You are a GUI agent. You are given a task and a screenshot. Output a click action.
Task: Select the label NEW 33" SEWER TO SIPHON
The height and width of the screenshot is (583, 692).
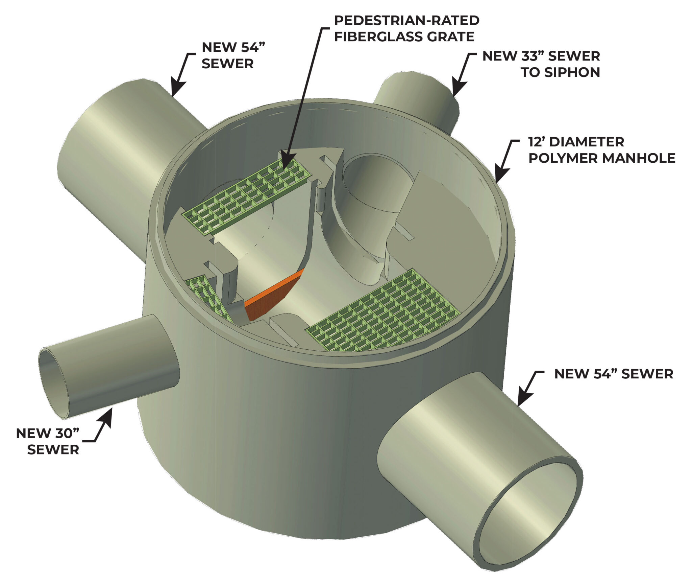coord(541,64)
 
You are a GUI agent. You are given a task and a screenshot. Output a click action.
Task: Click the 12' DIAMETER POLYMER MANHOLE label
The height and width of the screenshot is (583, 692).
coord(602,150)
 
